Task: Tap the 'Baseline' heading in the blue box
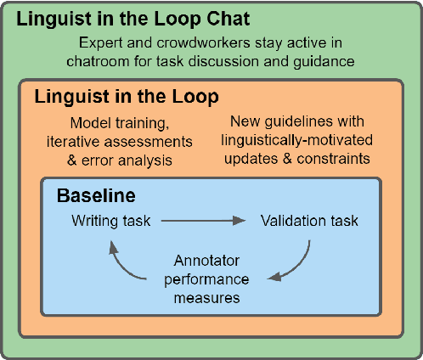[96, 196]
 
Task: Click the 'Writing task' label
[111, 221]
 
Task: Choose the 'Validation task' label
[309, 221]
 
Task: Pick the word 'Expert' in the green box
[97, 42]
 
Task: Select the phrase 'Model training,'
[116, 122]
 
